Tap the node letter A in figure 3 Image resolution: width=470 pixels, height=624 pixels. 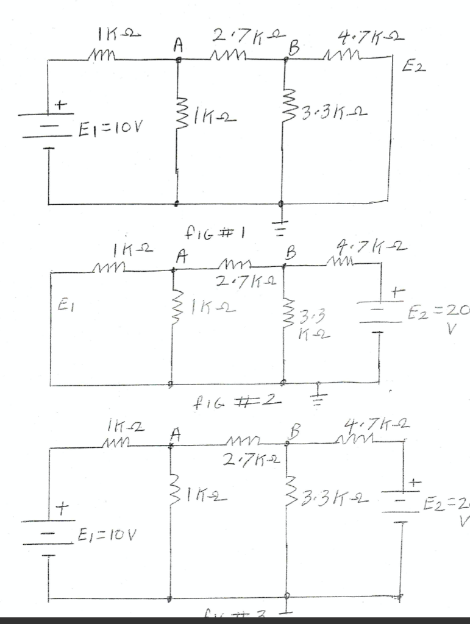[x=176, y=434]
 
